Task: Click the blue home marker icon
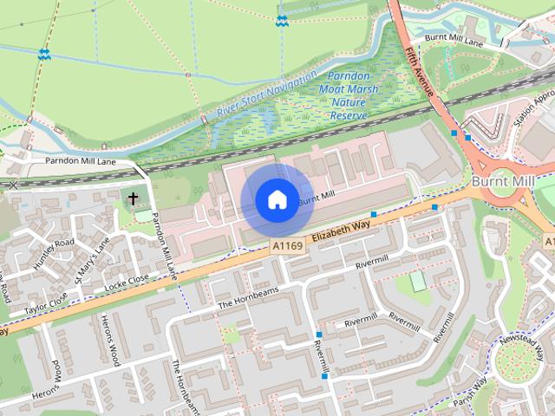point(277,200)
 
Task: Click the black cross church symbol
point(134,199)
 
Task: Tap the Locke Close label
point(127,282)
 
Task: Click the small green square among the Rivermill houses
point(418,281)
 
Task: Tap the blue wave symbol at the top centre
point(281,19)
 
